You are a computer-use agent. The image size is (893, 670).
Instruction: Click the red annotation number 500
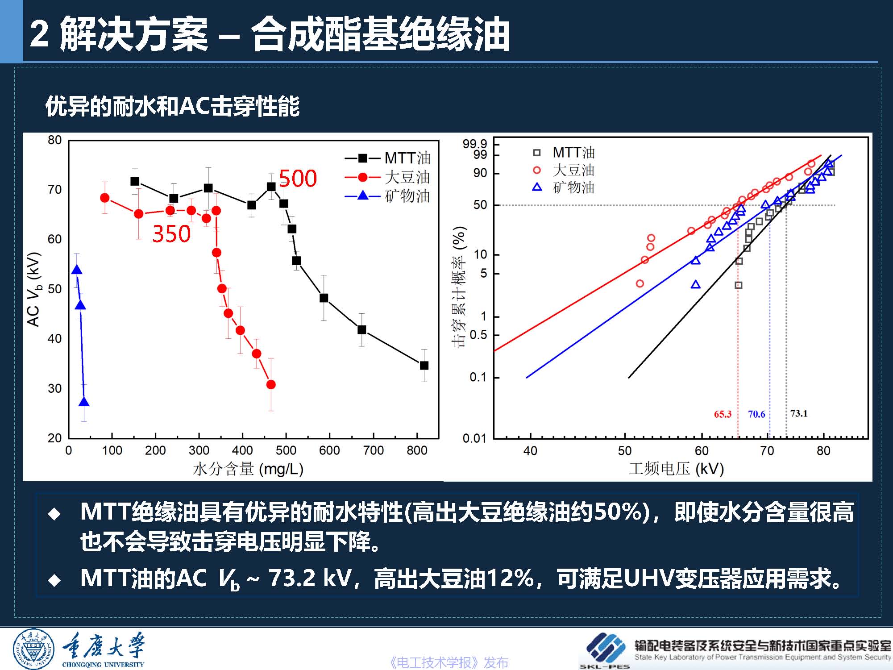(298, 179)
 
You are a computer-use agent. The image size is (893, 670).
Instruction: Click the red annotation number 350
(171, 234)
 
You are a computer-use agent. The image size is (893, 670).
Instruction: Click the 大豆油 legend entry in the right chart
(573, 170)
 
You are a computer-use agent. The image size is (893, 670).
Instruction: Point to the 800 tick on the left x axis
(417, 450)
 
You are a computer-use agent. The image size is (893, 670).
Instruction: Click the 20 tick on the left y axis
(55, 438)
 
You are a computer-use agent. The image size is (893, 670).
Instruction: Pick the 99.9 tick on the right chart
(475, 144)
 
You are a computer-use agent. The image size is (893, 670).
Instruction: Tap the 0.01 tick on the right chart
(474, 438)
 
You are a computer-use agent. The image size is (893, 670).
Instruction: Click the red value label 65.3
(723, 414)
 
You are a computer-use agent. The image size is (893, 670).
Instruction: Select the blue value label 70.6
(756, 414)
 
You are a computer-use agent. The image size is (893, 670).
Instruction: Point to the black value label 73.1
(799, 413)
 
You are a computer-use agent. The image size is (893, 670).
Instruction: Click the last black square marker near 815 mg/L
(424, 366)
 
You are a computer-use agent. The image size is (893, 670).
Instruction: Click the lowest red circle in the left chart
(271, 385)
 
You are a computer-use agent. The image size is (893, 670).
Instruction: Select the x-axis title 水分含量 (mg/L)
(248, 469)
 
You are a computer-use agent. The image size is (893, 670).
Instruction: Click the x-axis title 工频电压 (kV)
(676, 469)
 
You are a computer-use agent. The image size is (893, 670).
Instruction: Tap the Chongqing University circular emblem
(34, 649)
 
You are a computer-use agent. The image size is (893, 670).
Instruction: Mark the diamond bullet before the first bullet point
(54, 514)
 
